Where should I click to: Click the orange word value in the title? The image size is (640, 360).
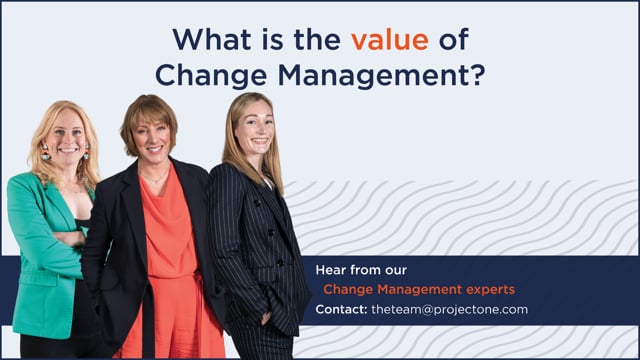point(390,40)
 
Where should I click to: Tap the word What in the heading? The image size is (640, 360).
point(212,40)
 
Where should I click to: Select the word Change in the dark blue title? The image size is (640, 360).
point(211,76)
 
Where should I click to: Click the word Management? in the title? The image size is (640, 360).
point(382,76)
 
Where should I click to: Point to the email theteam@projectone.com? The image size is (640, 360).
point(449,309)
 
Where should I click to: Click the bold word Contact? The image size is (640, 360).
point(341,309)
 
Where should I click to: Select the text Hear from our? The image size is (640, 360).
point(361,270)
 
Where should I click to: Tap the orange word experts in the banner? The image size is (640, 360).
point(491,290)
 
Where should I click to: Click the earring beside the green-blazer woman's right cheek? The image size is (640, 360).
point(44,151)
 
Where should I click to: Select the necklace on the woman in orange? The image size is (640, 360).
point(154,178)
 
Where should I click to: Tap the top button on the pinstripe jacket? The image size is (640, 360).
point(257,202)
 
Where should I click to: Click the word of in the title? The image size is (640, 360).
point(453,40)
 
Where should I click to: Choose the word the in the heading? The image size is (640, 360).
point(317,40)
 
